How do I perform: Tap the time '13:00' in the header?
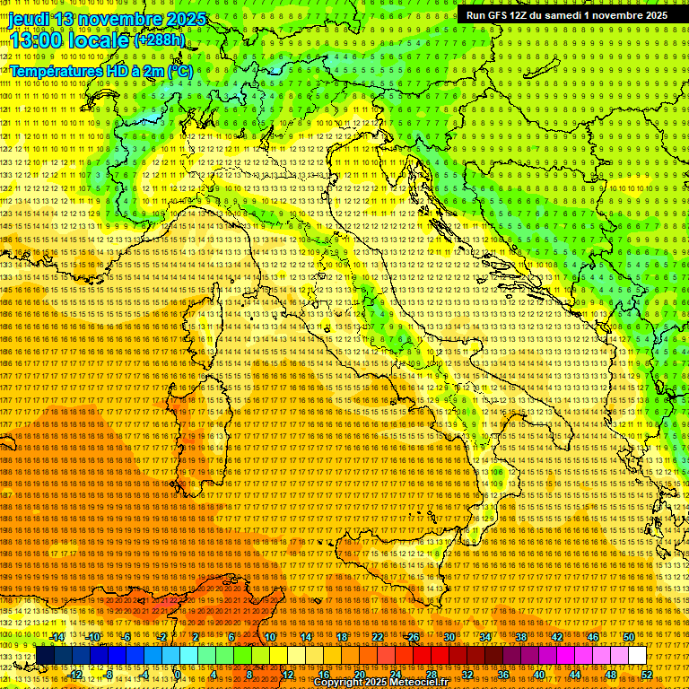(x=35, y=39)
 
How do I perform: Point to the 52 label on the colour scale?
(x=647, y=674)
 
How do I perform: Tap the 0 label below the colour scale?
(x=177, y=674)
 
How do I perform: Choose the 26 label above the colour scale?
(x=414, y=637)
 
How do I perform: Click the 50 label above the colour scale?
(x=629, y=637)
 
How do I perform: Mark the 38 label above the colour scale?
(x=521, y=637)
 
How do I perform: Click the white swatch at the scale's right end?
(x=637, y=655)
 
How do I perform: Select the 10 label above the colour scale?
(x=270, y=637)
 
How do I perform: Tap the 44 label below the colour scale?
(x=575, y=674)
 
